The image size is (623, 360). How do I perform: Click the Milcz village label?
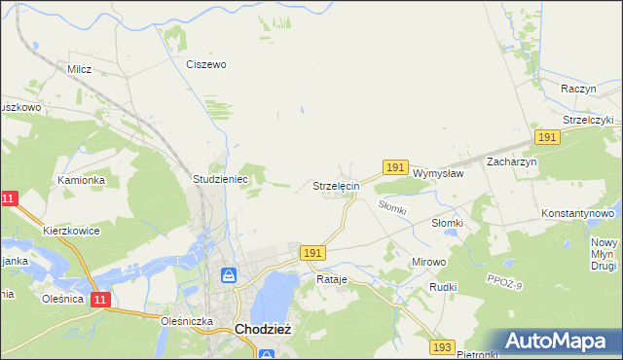point(79,70)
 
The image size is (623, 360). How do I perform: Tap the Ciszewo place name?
point(206,64)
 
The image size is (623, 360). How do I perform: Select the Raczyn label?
point(578,88)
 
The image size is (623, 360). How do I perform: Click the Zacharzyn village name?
point(512,162)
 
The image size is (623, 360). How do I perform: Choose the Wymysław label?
point(437,173)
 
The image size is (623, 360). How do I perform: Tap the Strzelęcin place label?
point(337,185)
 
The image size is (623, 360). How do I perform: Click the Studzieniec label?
point(222,179)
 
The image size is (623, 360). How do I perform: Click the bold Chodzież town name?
point(262,329)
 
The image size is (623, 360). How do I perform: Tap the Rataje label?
point(332,279)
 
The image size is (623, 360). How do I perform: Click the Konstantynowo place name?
point(578,212)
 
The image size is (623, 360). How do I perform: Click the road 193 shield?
point(442,346)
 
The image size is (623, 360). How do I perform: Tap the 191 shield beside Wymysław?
point(394,168)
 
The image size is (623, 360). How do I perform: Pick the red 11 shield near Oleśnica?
point(100,300)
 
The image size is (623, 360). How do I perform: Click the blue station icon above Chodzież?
point(229,276)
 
